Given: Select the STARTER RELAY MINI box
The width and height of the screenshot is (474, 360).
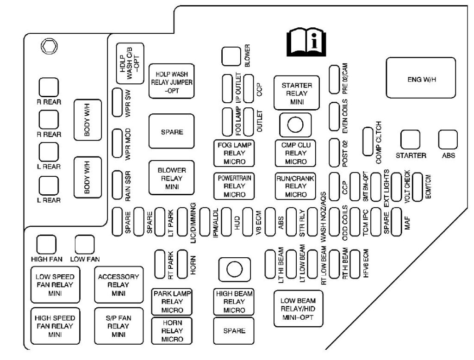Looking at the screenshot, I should point(297,93).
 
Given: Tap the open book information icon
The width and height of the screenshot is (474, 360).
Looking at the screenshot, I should point(306,43).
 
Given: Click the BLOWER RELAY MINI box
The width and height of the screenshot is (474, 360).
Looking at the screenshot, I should point(171,178).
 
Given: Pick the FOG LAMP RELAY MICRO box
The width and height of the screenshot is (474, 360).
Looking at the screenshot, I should point(235,153).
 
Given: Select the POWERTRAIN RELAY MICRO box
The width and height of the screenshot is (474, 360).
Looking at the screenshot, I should point(235,186).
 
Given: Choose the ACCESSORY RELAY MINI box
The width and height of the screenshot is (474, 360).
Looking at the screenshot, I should point(118,285).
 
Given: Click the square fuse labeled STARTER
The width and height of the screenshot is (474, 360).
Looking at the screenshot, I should point(410,139).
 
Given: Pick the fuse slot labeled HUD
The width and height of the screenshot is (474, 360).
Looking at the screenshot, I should point(226,222).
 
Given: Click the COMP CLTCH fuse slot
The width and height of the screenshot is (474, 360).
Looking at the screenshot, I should point(368,141).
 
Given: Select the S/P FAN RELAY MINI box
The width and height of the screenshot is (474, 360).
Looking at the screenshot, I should point(118,326).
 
